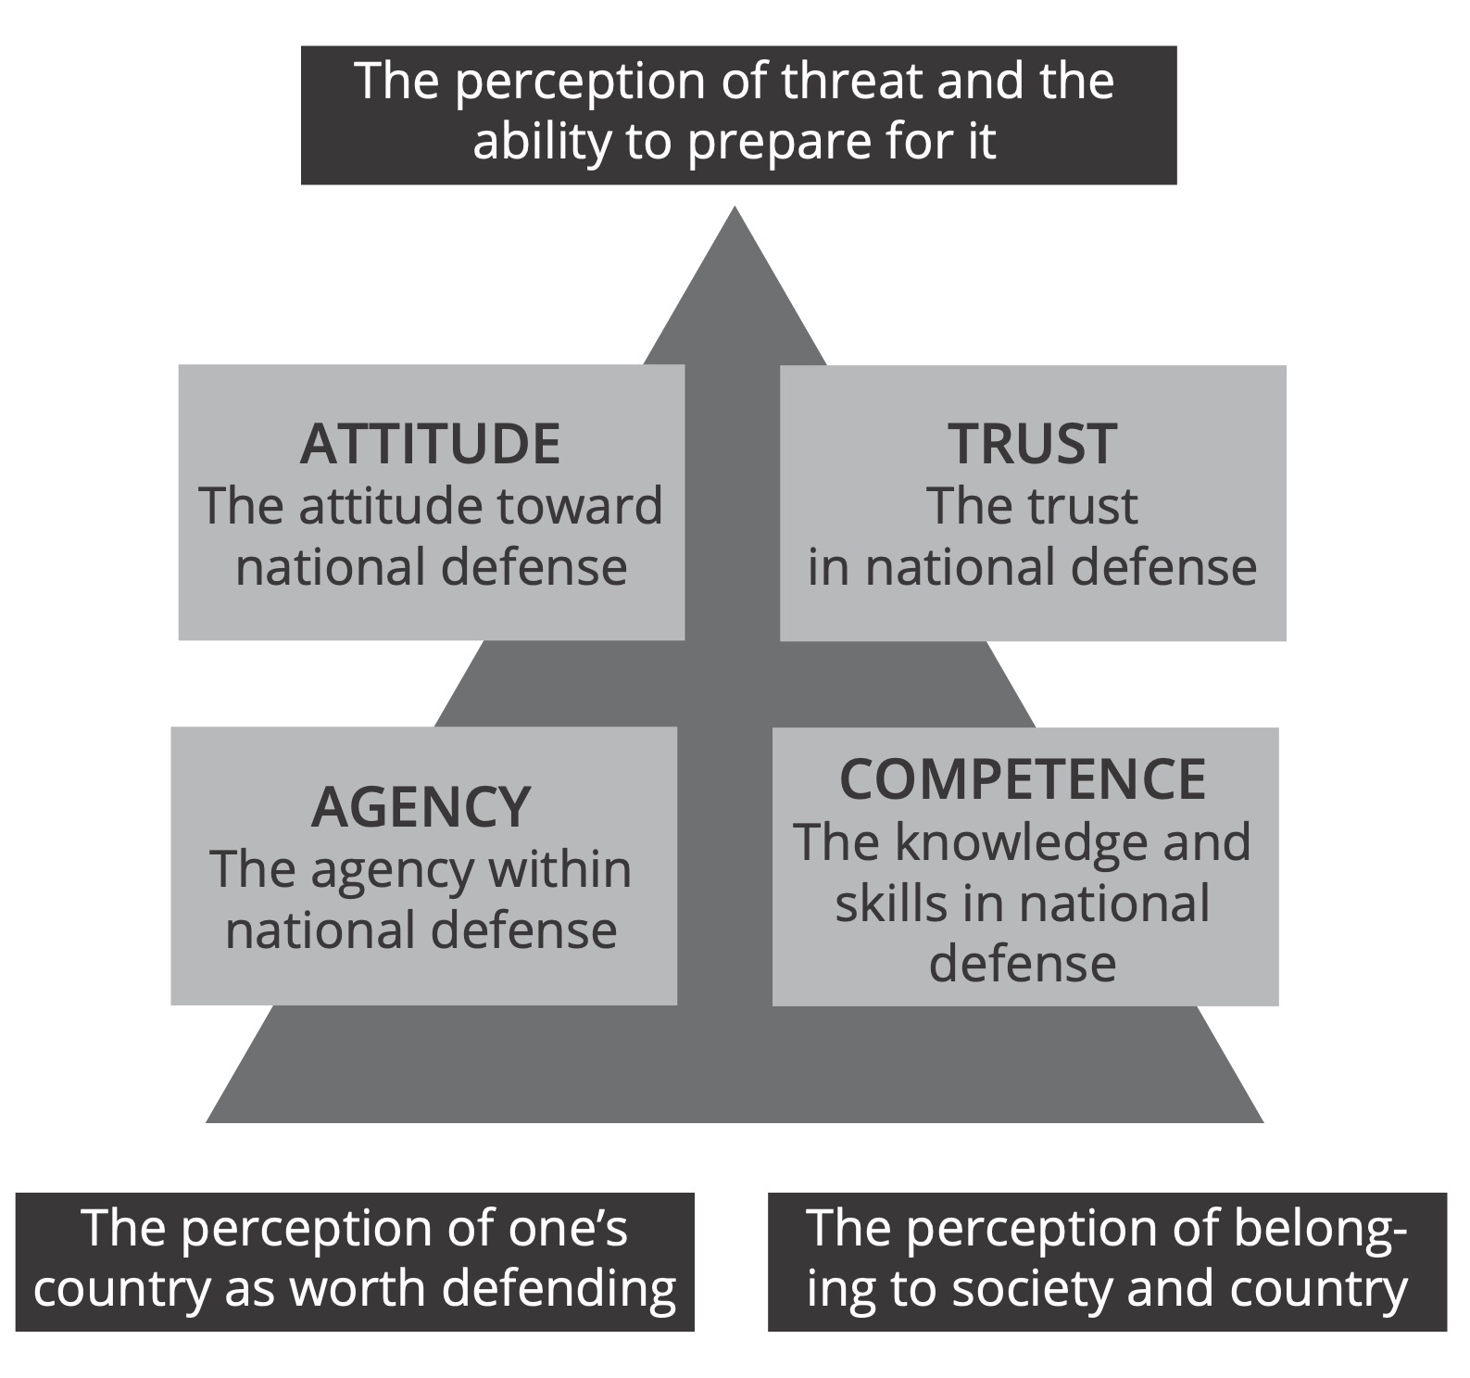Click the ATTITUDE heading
click(431, 444)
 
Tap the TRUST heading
click(1032, 444)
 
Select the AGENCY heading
click(421, 807)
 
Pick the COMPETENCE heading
click(1023, 779)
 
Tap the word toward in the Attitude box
click(580, 507)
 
